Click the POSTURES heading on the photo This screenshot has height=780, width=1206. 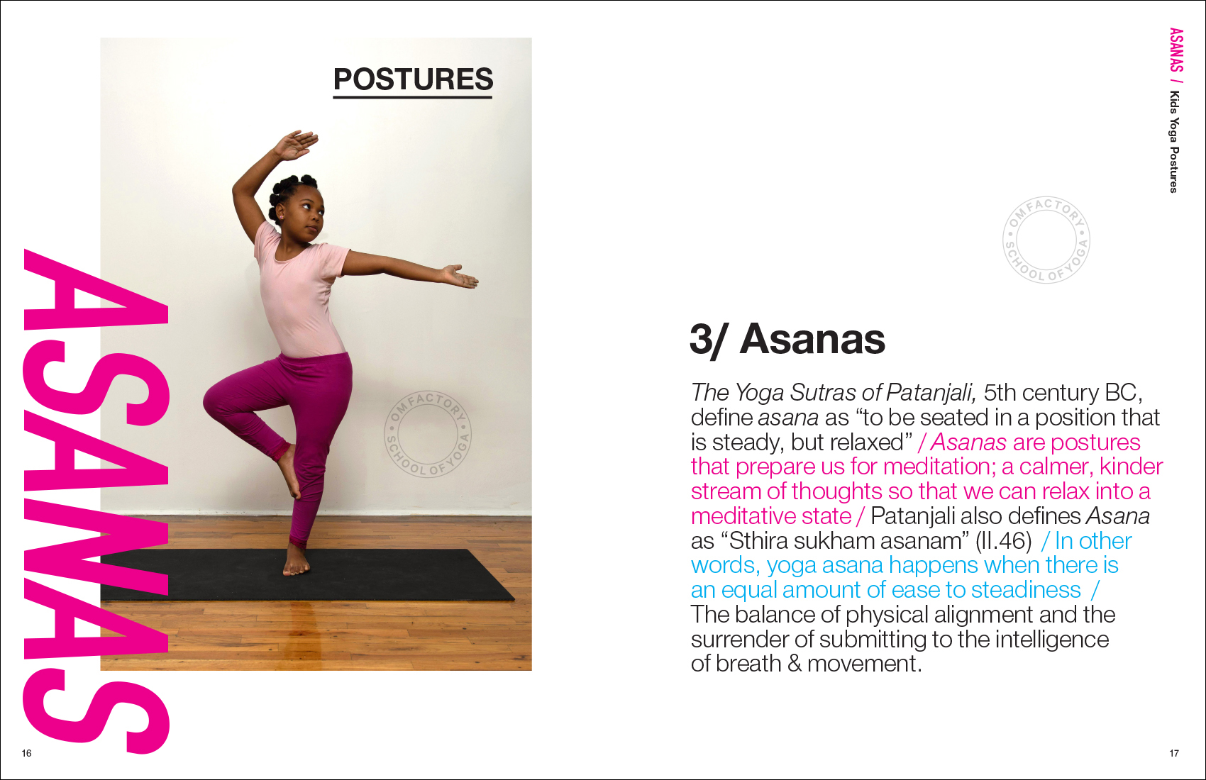(x=413, y=79)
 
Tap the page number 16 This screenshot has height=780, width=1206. (x=26, y=753)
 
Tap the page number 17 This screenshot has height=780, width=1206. (x=1174, y=753)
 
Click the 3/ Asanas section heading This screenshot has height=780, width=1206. (x=787, y=340)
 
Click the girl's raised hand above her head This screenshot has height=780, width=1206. (x=295, y=145)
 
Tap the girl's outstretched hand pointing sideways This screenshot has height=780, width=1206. (x=459, y=277)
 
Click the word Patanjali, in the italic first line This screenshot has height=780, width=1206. (x=931, y=393)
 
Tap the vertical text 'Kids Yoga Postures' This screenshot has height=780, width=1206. (x=1174, y=142)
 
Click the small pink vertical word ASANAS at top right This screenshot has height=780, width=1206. (x=1176, y=50)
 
